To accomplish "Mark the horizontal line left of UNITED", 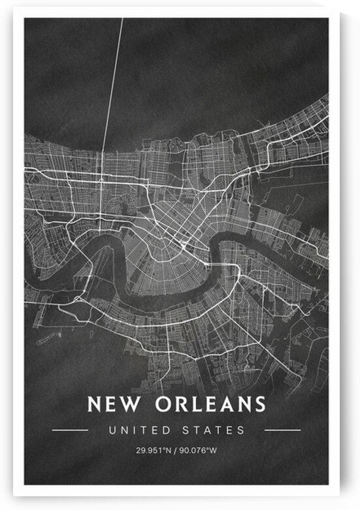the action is pos(70,430).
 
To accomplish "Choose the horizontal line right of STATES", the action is pos(282,430).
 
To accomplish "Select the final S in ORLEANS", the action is pos(260,404).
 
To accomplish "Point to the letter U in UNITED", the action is pos(113,430).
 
